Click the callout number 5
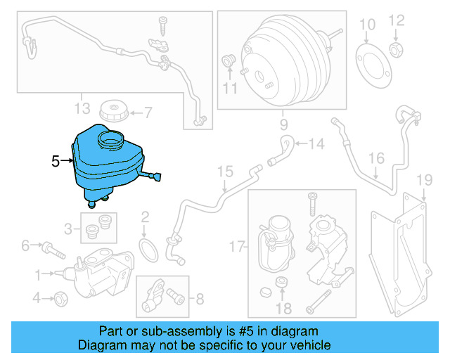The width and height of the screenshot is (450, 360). coord(56,162)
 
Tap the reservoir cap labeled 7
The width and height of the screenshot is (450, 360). coord(112,110)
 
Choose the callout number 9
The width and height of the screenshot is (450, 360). coord(284,127)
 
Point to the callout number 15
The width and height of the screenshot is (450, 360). coord(224,172)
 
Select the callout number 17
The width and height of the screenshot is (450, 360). coord(238,246)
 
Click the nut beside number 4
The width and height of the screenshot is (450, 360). coord(60,299)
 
